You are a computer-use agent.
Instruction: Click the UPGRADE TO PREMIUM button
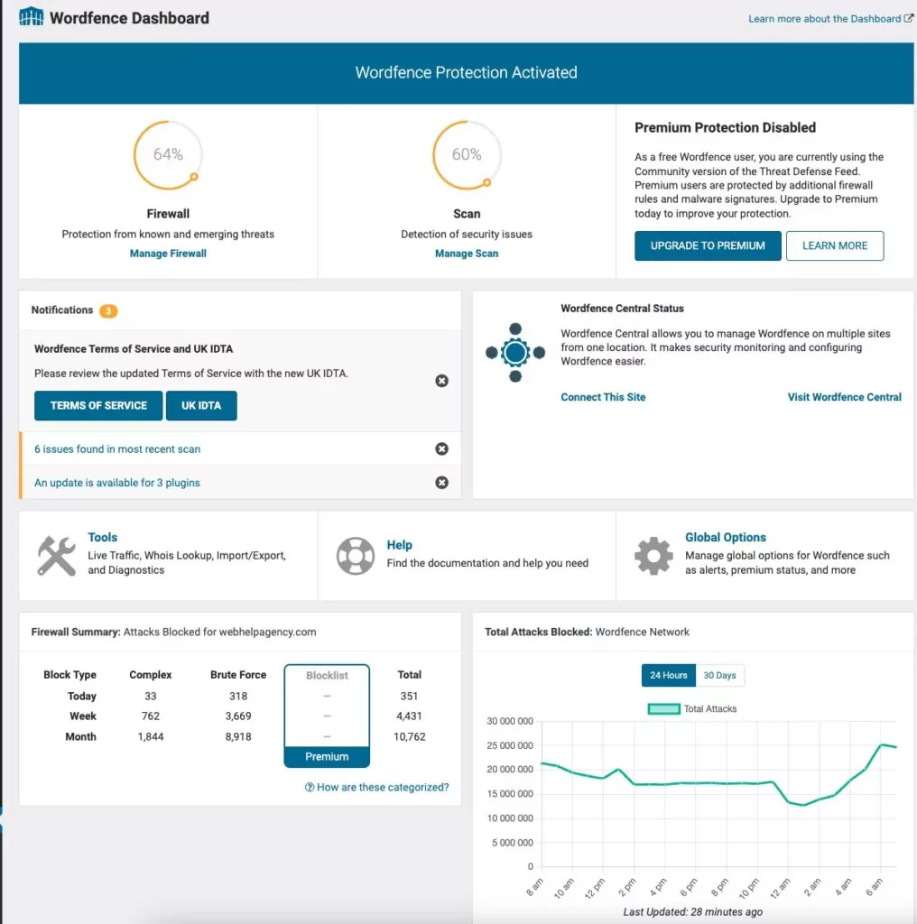(708, 245)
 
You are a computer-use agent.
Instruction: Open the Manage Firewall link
(168, 254)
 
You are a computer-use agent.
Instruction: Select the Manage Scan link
(467, 254)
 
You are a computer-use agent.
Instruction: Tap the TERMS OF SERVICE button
(98, 406)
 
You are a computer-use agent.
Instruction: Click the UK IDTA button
(201, 406)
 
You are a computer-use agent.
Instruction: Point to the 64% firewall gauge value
(168, 154)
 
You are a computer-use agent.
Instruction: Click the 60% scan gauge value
(467, 154)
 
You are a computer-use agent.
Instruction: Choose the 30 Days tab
(720, 675)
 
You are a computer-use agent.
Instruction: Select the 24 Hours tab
(669, 675)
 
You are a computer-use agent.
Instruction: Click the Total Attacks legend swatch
(663, 709)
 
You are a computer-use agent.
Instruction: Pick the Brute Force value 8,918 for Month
(238, 736)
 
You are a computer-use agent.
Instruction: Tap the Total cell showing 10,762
(410, 736)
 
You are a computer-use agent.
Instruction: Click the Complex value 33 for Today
(151, 696)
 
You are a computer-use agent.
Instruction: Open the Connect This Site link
(603, 397)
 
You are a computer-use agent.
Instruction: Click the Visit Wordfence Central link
(844, 397)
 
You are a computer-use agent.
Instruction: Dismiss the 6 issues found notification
(441, 448)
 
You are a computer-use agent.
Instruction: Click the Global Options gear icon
(653, 556)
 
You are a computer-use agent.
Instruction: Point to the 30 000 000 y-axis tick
(510, 721)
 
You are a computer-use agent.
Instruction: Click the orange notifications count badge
(108, 311)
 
